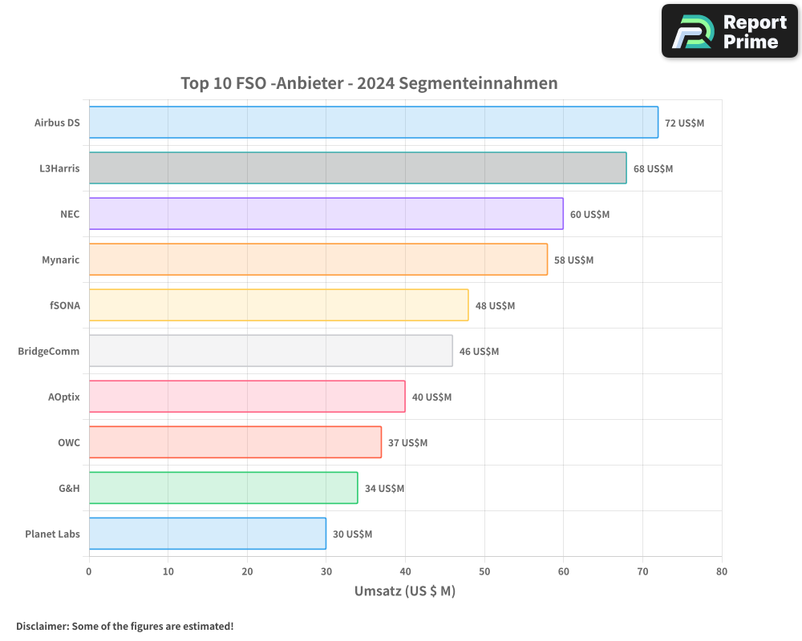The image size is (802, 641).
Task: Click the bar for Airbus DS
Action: (373, 123)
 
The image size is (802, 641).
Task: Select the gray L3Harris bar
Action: (357, 168)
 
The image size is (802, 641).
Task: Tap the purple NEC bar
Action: (326, 214)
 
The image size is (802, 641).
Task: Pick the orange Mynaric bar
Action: (318, 260)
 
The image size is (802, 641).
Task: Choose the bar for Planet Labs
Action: (207, 534)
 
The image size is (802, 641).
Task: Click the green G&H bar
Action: (223, 488)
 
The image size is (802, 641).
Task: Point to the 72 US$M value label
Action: (684, 123)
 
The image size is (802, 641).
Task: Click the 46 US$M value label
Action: (479, 352)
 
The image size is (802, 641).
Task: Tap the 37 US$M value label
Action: (407, 443)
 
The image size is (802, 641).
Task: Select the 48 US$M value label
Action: (495, 306)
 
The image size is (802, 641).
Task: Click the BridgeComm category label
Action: (49, 352)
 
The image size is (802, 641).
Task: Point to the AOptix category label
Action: (64, 397)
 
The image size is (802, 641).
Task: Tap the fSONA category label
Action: (65, 306)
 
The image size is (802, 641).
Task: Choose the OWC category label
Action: (69, 443)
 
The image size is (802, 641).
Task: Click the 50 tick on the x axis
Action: (484, 572)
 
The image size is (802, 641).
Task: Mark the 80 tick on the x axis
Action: (722, 572)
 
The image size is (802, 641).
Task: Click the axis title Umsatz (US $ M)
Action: (405, 591)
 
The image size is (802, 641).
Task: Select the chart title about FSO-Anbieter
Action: (369, 83)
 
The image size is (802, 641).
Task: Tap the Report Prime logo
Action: (729, 31)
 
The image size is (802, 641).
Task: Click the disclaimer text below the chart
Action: (125, 626)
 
